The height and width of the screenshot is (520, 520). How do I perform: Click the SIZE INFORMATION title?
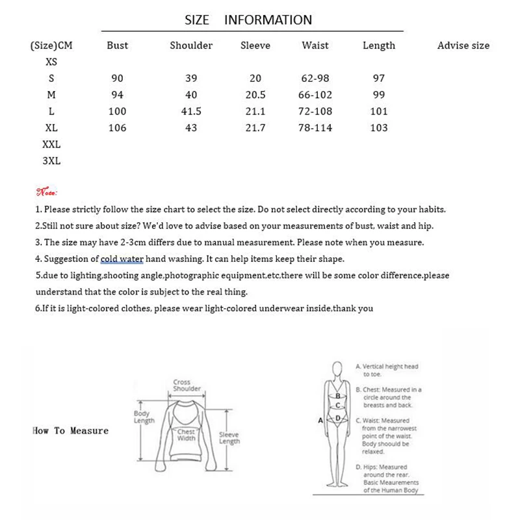coord(248,20)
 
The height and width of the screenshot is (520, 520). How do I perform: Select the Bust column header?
coord(117,45)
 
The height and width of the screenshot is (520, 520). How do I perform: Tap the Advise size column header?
coord(463,45)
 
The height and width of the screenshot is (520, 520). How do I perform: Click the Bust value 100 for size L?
coord(117,111)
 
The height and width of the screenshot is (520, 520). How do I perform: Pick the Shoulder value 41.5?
coord(191,111)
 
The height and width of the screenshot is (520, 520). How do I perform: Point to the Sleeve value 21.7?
coord(255,128)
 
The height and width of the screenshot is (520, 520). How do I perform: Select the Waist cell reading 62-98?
coord(315,79)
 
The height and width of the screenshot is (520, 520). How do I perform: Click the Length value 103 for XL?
coord(379,128)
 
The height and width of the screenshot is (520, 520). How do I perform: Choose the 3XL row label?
coord(51,161)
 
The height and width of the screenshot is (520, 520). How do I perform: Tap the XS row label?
coord(51,62)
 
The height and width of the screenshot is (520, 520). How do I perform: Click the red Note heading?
coord(47,192)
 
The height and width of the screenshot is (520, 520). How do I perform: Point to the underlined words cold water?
coord(122,259)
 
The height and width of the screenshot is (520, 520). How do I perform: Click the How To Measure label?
coord(70,431)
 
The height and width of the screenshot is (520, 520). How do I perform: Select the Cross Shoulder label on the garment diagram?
coord(182,385)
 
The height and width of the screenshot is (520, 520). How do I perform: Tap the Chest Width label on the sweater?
coord(187,435)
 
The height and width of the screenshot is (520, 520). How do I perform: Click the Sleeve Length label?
coord(229,438)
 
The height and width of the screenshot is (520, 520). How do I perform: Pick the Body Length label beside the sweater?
coord(142,417)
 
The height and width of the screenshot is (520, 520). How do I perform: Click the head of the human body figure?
coord(337,369)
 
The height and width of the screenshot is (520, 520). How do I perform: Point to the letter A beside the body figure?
coord(320,421)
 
